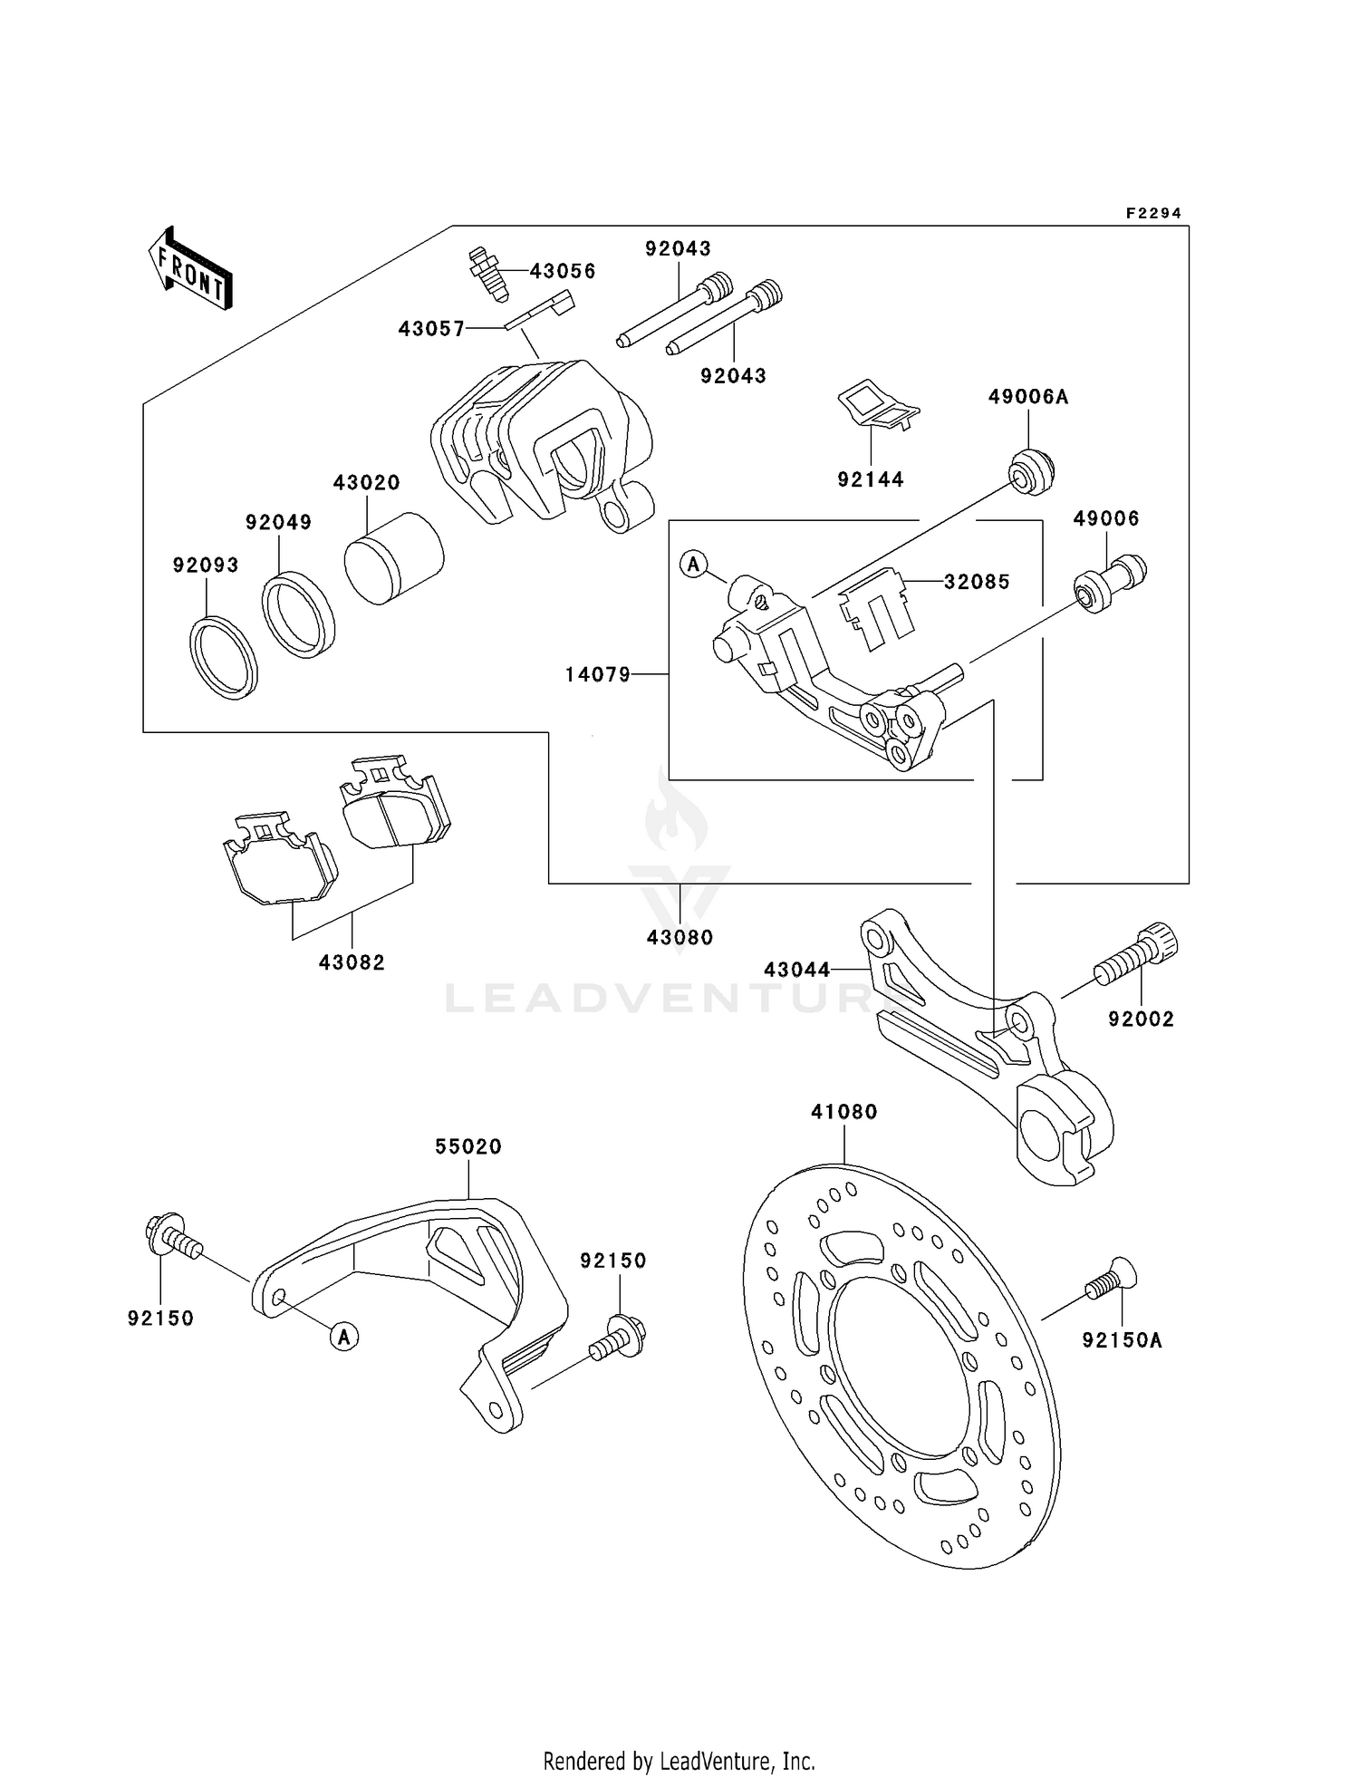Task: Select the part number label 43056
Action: tap(562, 271)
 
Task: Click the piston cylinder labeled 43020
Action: tap(393, 558)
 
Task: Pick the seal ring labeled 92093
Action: tap(224, 657)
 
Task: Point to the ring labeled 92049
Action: tap(298, 615)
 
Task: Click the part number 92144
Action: tap(870, 479)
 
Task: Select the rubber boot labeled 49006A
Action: tap(1031, 471)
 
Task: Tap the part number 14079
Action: tap(597, 674)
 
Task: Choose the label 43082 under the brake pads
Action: tap(352, 962)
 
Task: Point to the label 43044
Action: tap(796, 970)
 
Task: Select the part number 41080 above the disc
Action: tap(843, 1111)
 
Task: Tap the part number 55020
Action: tap(467, 1146)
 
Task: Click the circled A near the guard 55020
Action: tap(344, 1336)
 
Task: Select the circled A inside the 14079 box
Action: tap(693, 564)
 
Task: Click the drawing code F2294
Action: tap(1152, 213)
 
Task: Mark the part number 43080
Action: tap(679, 937)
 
